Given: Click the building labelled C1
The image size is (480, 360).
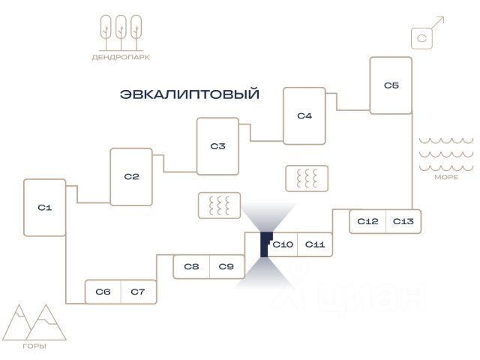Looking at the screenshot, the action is click(45, 208).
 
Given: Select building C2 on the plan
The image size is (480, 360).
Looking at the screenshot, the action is click(131, 177).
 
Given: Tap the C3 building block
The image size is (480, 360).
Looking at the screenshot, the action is click(218, 146).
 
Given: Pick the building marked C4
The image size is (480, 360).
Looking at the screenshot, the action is click(304, 116).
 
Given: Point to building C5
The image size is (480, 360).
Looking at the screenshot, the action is click(391, 85).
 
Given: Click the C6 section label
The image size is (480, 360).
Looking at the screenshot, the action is click(103, 292).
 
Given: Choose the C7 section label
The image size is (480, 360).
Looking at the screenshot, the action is click(138, 292).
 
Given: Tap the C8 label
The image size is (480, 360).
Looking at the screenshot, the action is click(192, 267).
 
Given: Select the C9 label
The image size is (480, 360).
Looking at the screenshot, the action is click(226, 267).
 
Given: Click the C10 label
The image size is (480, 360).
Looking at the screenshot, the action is click(283, 244).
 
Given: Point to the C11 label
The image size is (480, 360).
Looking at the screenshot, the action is click(315, 244).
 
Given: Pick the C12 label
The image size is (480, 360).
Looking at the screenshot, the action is click(367, 221).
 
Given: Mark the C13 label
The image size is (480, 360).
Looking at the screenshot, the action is click(403, 221).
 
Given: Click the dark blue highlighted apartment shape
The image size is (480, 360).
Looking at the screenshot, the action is click(264, 245).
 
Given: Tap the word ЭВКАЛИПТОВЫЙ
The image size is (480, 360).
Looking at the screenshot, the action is click(190, 94).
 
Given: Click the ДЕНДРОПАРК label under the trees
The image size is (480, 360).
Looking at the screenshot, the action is click(121, 57).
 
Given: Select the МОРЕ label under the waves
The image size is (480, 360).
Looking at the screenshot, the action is click(446, 177).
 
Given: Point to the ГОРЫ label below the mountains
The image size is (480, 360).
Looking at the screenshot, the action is click(34, 346).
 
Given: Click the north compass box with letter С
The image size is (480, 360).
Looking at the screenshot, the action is click(421, 38).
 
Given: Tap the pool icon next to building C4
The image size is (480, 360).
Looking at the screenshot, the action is click(307, 178).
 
